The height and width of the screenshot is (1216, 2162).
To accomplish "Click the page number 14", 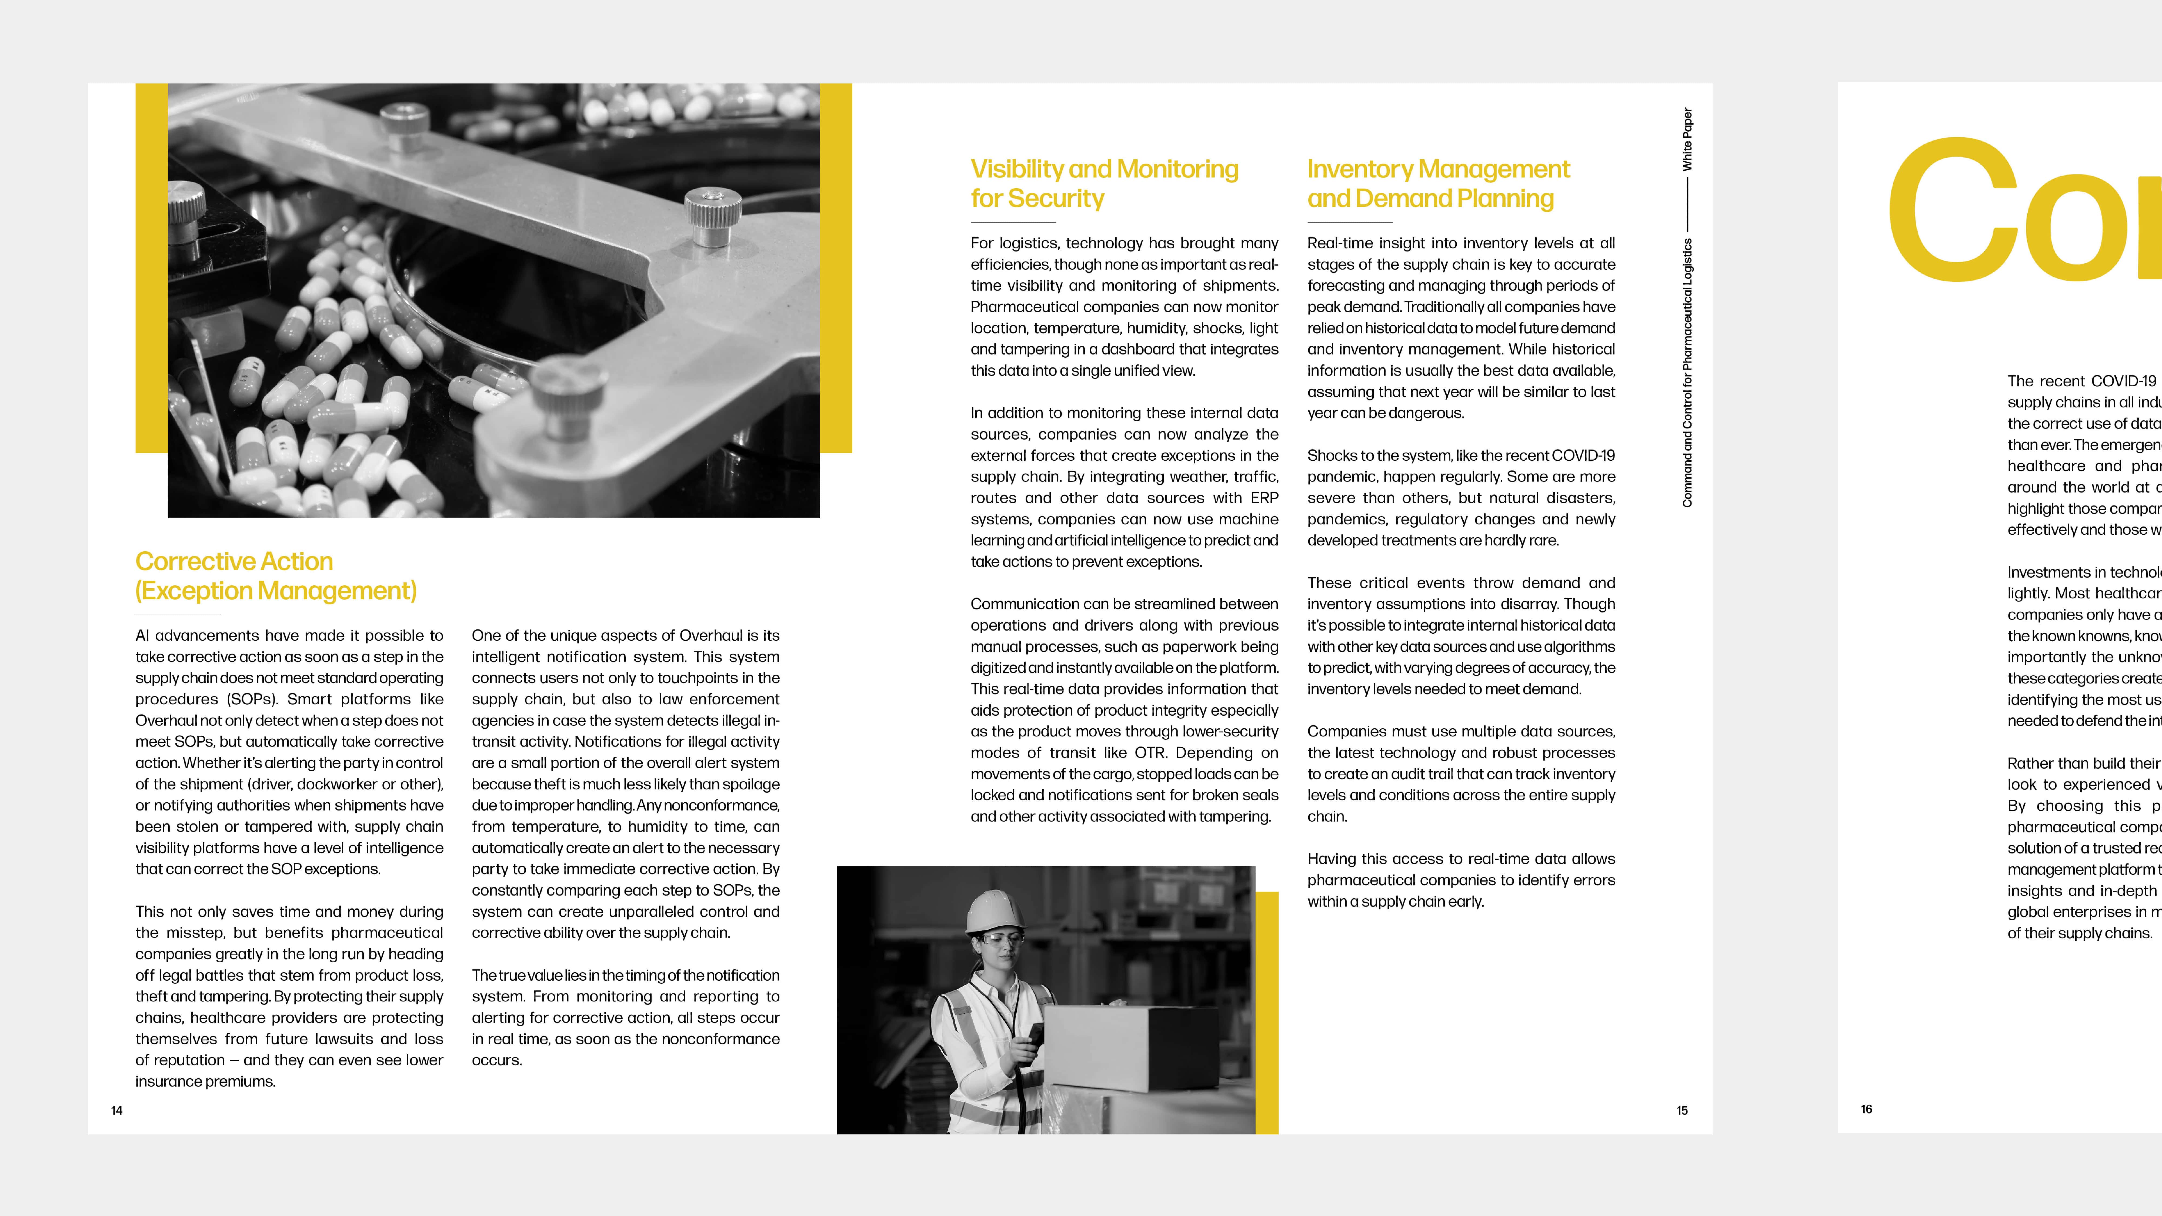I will point(117,1110).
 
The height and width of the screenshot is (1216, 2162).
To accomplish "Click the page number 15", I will point(1682,1110).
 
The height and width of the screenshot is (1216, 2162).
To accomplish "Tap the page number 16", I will point(1866,1108).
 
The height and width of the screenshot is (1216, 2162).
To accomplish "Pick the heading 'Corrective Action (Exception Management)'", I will point(275,576).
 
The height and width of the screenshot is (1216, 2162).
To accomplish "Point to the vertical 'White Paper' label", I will point(1687,139).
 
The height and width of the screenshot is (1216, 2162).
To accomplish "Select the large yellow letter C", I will point(1951,210).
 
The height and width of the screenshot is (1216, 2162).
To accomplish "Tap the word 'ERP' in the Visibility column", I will point(1264,498).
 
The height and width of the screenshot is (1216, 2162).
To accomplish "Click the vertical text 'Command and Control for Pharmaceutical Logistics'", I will point(1687,373).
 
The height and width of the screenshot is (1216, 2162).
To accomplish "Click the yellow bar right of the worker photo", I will point(1266,1011).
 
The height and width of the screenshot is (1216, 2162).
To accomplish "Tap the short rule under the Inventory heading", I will point(1350,222).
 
